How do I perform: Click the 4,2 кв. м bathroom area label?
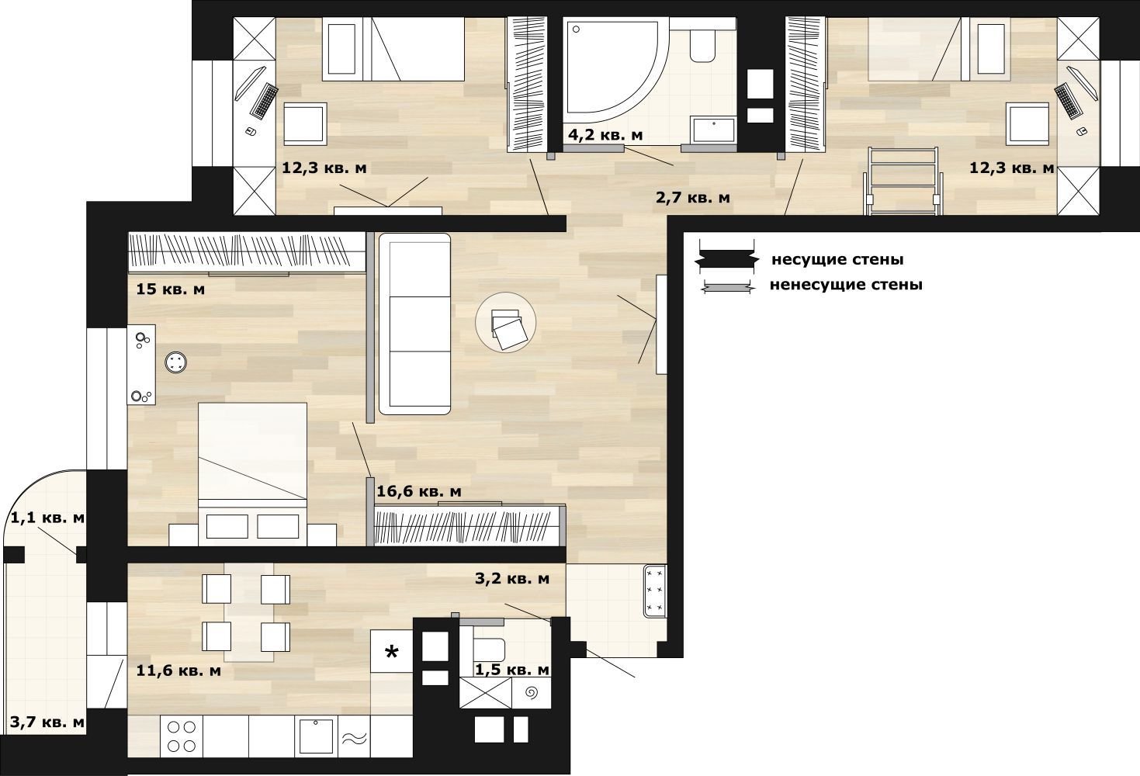(x=605, y=135)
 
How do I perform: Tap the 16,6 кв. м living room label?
(x=419, y=491)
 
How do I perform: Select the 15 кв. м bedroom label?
(x=171, y=289)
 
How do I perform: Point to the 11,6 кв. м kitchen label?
(x=178, y=670)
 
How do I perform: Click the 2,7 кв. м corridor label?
(x=693, y=197)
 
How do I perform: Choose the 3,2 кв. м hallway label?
(x=512, y=579)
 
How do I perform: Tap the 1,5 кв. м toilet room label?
(x=512, y=670)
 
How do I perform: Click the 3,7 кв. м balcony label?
(x=47, y=722)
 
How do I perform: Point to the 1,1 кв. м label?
(x=47, y=518)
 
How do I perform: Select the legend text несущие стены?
(x=837, y=259)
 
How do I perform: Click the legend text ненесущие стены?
(x=846, y=285)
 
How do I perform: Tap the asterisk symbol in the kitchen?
(x=391, y=653)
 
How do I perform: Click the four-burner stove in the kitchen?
(x=182, y=736)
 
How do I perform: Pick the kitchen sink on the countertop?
(x=316, y=736)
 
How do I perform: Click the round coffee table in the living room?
(x=505, y=322)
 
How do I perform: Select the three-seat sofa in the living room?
(x=414, y=324)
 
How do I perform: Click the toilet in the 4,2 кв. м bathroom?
(x=703, y=45)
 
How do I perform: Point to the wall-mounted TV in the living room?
(x=661, y=324)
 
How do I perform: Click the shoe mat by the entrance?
(x=655, y=591)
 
